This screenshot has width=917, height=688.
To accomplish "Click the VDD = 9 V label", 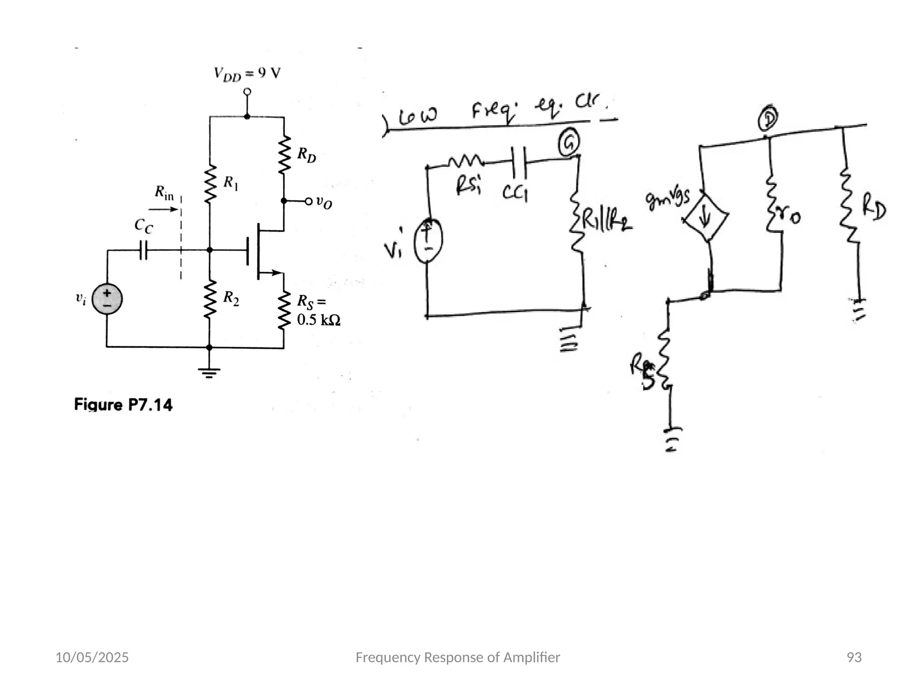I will pyautogui.click(x=247, y=73).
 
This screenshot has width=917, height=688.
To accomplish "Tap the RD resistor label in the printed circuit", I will pyautogui.click(x=307, y=155).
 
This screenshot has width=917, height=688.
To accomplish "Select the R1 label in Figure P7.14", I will pyautogui.click(x=231, y=183).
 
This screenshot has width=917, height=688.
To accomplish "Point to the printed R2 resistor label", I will pyautogui.click(x=231, y=298).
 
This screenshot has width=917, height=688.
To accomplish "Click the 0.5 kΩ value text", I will pyautogui.click(x=318, y=320).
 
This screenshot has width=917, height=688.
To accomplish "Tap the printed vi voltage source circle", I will pyautogui.click(x=107, y=299).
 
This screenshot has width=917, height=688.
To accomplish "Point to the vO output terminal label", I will pyautogui.click(x=324, y=202).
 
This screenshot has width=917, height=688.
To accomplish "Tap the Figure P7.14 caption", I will pyautogui.click(x=123, y=405).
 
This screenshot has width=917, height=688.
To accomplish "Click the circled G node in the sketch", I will pyautogui.click(x=569, y=143).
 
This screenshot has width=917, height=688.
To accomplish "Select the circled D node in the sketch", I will pyautogui.click(x=767, y=119).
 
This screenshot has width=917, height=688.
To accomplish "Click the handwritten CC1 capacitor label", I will pyautogui.click(x=514, y=193).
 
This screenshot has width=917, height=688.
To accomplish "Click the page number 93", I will pyautogui.click(x=854, y=657).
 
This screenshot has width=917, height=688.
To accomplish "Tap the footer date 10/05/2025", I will pyautogui.click(x=92, y=657).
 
